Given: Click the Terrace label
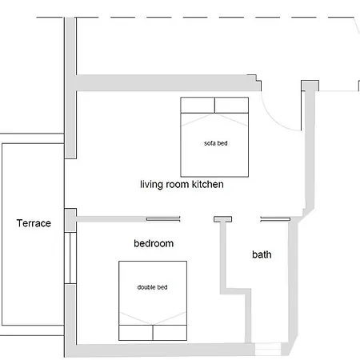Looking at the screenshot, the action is (x=34, y=223).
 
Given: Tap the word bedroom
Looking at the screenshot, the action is (x=154, y=243).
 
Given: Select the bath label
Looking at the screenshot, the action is (x=262, y=254).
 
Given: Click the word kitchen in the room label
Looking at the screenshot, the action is (x=208, y=184).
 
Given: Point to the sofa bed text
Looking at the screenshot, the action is (x=216, y=143).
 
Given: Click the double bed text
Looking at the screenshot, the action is (x=152, y=287).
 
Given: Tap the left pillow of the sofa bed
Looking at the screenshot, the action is (x=198, y=105).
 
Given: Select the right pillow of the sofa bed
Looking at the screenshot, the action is (x=231, y=105).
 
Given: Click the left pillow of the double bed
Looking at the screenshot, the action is (x=136, y=333).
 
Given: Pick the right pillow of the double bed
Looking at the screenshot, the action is (x=170, y=333).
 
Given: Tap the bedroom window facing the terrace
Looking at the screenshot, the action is (x=70, y=258).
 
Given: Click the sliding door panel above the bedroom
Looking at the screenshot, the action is (x=163, y=219).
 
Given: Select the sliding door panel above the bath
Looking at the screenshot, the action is (x=275, y=219).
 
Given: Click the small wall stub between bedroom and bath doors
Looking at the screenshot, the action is (x=222, y=219).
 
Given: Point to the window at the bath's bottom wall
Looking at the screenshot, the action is (x=268, y=349).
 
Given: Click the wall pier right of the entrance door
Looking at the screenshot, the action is (x=310, y=86).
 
